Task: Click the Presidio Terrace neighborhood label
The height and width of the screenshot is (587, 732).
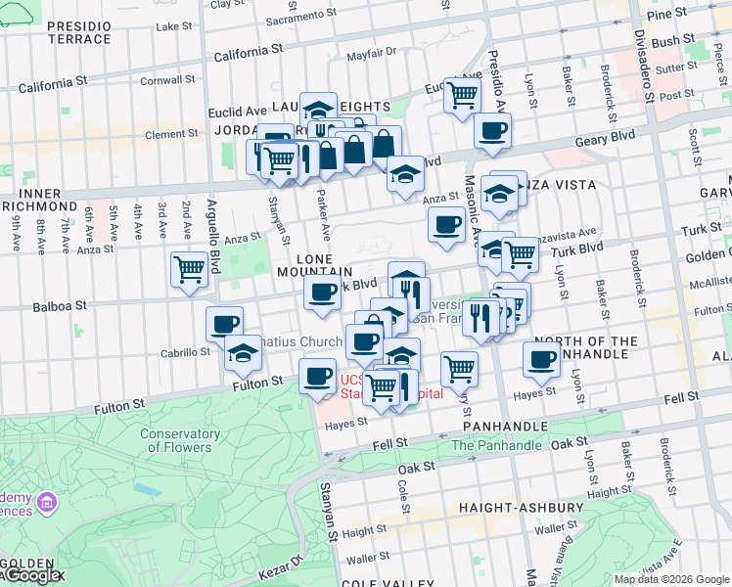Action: click(x=79, y=31)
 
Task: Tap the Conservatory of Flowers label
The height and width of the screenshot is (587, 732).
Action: click(x=176, y=440)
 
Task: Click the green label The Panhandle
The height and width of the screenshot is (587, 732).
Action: click(x=496, y=445)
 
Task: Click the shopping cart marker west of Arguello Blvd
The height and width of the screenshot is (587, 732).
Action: click(x=189, y=269)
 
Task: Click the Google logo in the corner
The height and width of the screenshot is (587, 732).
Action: click(x=32, y=575)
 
